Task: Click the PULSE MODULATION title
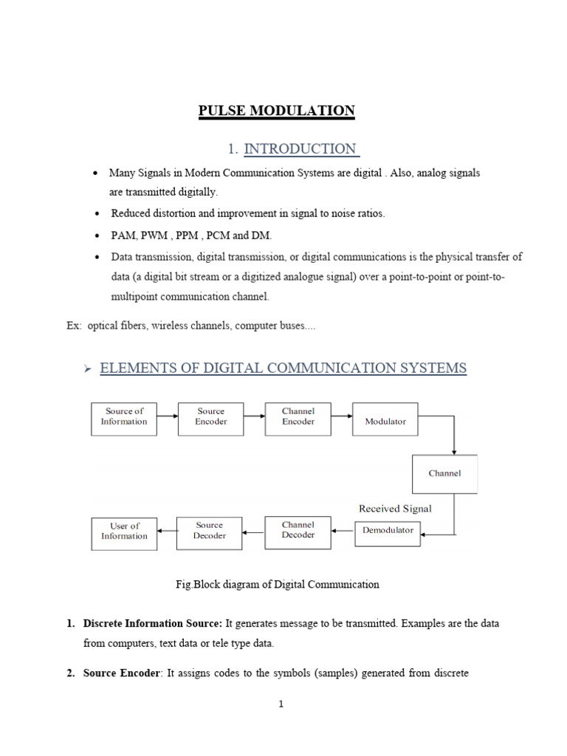point(276,111)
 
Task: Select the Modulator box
point(385,420)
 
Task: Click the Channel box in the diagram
point(444,474)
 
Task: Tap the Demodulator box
point(388,530)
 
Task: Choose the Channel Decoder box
point(298,531)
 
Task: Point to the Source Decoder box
point(210,531)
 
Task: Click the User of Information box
point(124,532)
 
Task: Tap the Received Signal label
point(395,509)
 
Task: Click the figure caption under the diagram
point(277,584)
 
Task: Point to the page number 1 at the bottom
point(281,704)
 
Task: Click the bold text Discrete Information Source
point(153,624)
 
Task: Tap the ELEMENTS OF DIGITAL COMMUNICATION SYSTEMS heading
point(283,368)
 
